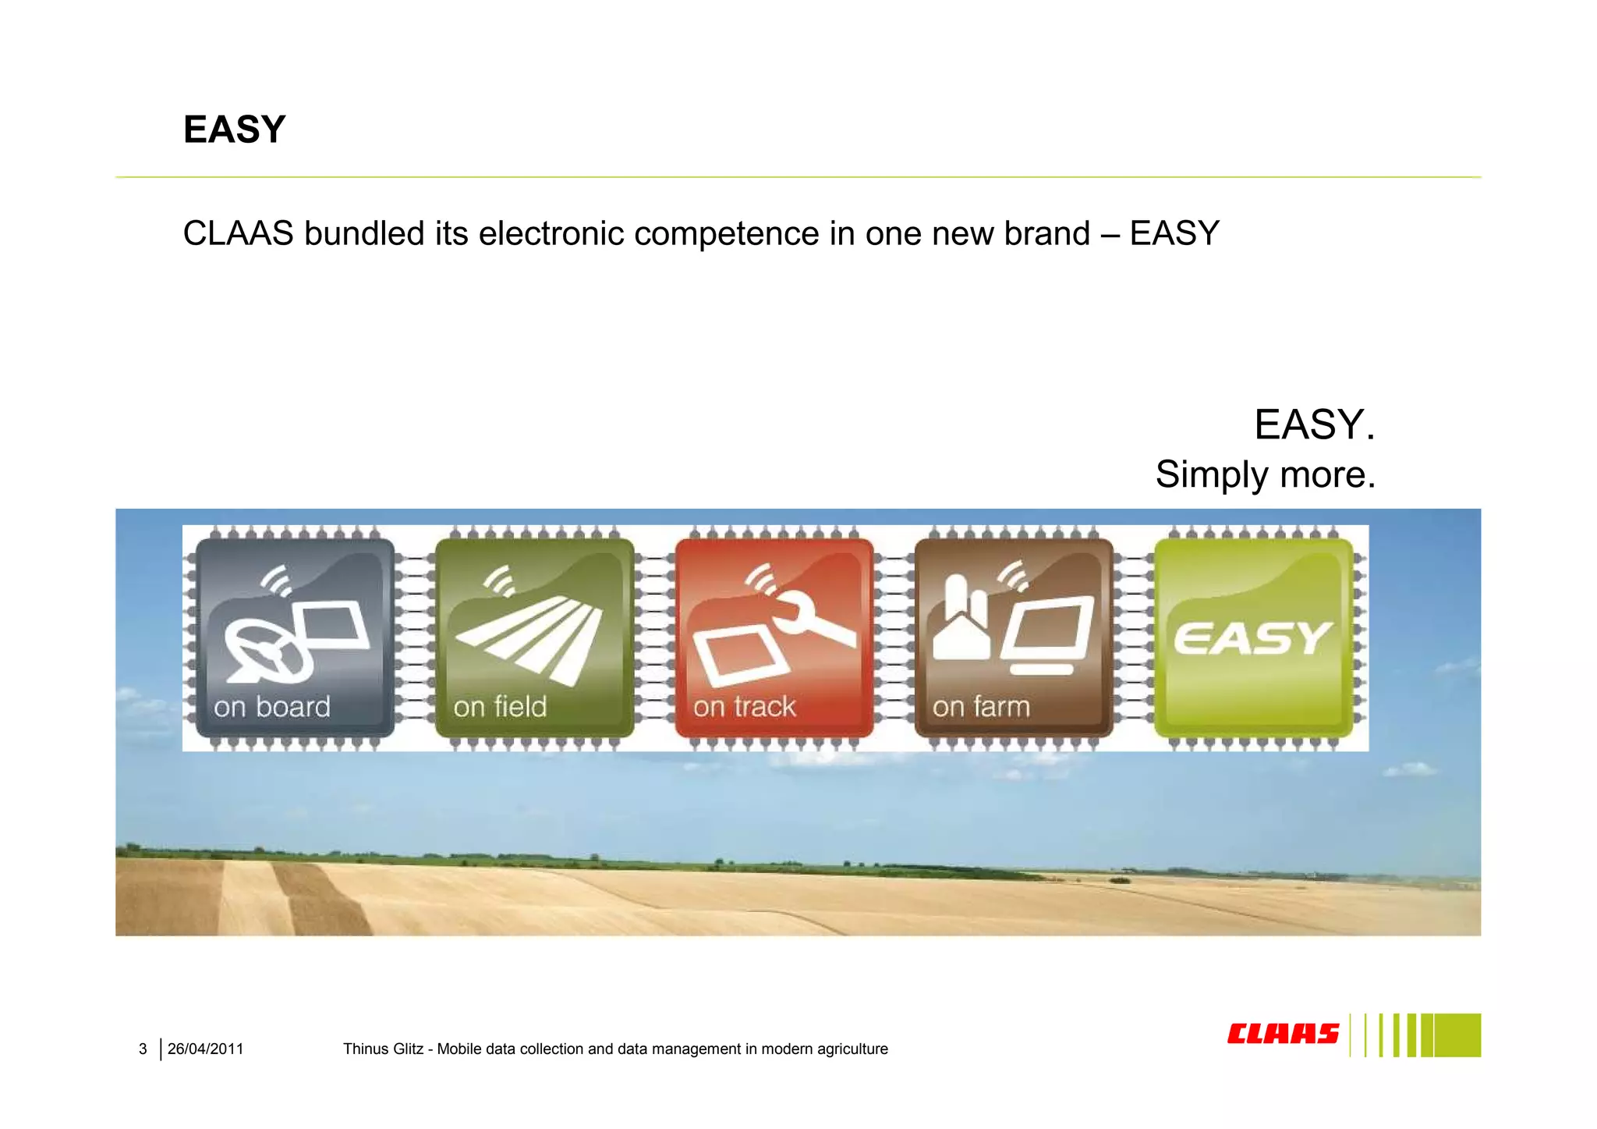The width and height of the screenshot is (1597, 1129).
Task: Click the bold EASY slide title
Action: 234,130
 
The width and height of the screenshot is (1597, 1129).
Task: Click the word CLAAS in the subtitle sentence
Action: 238,233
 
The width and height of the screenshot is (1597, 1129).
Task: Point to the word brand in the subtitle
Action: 1046,233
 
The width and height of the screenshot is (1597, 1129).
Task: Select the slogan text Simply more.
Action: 1265,474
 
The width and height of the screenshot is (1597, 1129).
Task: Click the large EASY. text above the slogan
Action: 1314,425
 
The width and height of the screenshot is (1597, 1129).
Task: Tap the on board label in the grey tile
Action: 272,707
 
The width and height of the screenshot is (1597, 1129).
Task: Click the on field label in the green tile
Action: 500,707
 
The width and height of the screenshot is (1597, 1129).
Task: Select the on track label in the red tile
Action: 744,707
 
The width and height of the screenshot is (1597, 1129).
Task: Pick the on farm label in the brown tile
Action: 981,707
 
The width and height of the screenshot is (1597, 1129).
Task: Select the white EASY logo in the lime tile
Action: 1252,638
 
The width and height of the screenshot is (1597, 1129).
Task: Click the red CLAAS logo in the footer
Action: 1282,1035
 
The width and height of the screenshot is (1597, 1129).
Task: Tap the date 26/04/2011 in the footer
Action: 205,1049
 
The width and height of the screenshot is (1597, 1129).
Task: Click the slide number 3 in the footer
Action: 143,1049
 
